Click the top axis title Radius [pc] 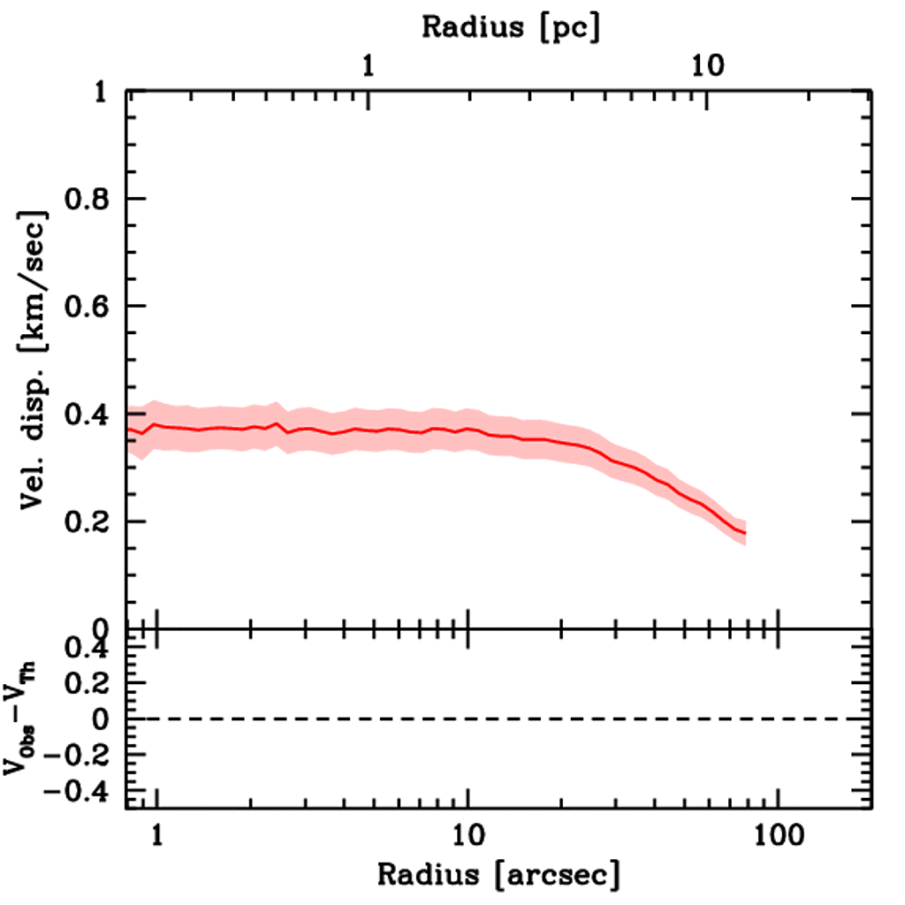point(511,27)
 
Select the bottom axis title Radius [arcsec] point(498,875)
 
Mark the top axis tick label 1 point(368,65)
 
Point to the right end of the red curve point(745,533)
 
